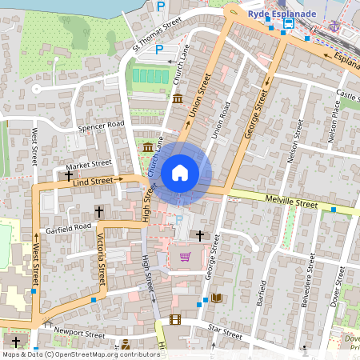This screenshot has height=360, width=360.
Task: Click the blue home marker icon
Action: coord(180,172)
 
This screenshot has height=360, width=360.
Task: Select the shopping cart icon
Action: coord(186,256)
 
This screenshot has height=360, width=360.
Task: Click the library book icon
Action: coord(216,298)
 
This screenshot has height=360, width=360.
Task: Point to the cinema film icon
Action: coord(175,320)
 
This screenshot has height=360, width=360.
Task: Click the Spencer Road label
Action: coord(102,126)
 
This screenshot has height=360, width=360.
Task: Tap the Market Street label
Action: coord(90,162)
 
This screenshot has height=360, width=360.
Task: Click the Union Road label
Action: coord(219,124)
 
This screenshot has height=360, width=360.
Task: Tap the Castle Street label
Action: coord(349,95)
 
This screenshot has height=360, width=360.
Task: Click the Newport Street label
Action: coord(81,334)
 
